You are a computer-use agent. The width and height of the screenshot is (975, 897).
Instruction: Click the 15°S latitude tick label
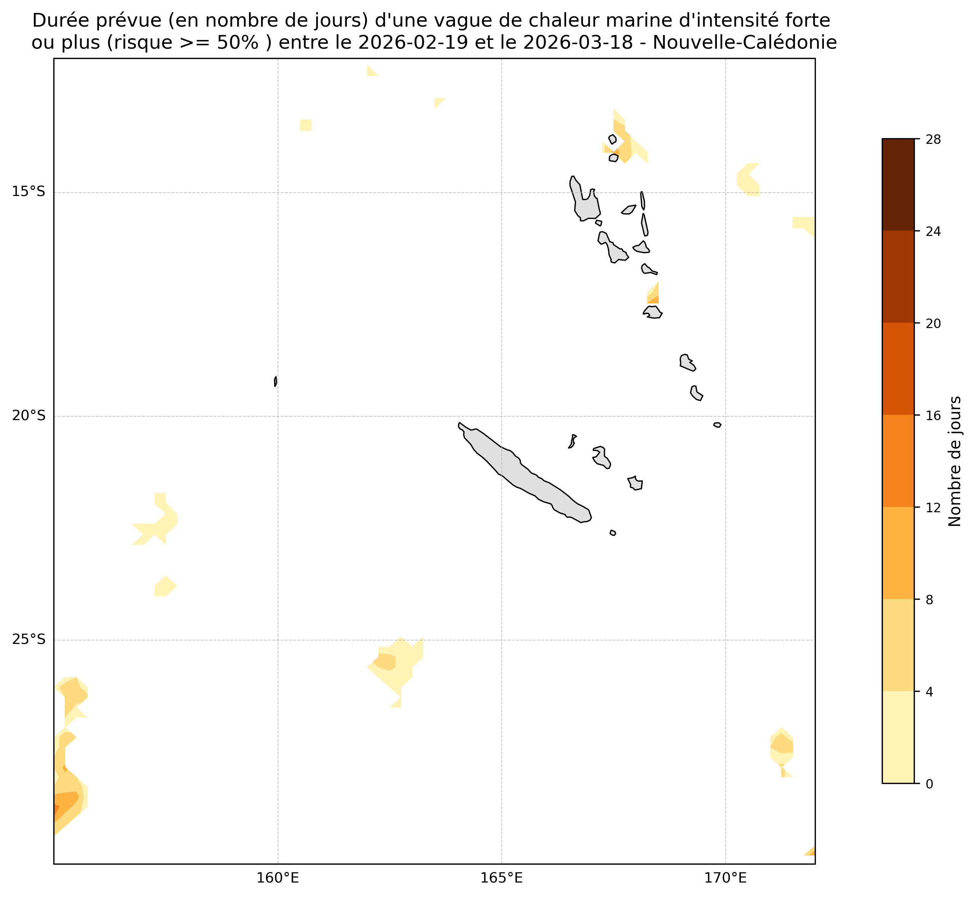pyautogui.click(x=28, y=192)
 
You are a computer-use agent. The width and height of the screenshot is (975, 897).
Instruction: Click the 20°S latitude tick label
pyautogui.click(x=28, y=416)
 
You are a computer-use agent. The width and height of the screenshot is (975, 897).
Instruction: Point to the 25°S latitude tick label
pyautogui.click(x=28, y=640)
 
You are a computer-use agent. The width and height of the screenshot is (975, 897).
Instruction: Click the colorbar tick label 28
pyautogui.click(x=933, y=140)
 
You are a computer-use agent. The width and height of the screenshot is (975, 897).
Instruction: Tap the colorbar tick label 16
pyautogui.click(x=933, y=416)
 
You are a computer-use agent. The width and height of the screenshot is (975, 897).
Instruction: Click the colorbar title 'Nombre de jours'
pyautogui.click(x=954, y=461)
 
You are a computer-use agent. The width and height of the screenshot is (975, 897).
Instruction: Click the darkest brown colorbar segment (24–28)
pyautogui.click(x=898, y=185)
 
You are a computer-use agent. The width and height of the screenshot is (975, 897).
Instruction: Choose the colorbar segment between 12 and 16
pyautogui.click(x=898, y=461)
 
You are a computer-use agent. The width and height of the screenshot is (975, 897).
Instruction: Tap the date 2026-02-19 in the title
pyautogui.click(x=413, y=43)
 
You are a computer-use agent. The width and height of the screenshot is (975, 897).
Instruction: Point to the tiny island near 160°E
pyautogui.click(x=275, y=381)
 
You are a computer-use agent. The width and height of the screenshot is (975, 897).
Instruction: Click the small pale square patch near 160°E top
pyautogui.click(x=305, y=125)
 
